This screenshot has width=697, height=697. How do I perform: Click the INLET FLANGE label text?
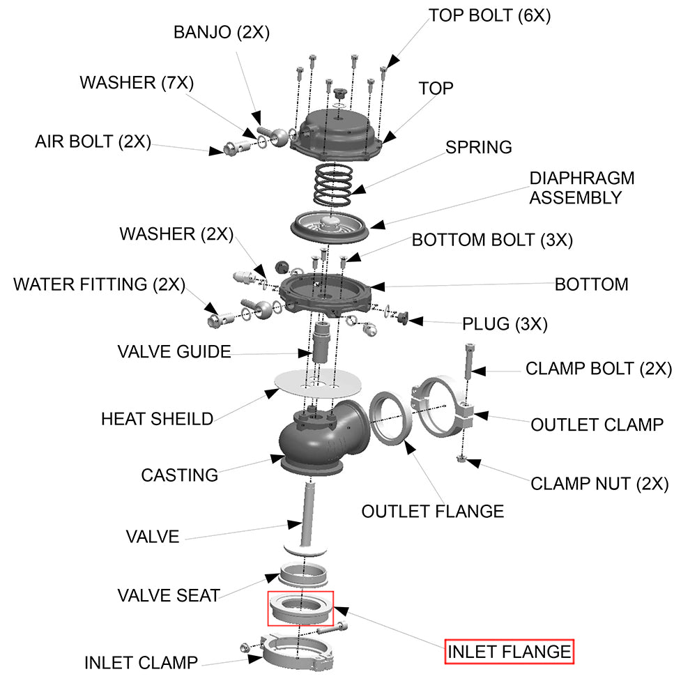509,652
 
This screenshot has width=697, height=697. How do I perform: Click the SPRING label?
478,148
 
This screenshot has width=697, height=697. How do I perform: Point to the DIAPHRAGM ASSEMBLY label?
581,187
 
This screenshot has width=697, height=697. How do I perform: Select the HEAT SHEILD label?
157,419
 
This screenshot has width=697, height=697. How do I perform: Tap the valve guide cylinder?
321,342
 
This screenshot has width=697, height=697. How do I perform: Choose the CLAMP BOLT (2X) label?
598,369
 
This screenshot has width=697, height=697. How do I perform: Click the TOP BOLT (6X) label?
489,15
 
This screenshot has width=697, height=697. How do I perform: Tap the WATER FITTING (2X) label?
99,284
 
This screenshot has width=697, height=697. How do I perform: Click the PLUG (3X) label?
505,324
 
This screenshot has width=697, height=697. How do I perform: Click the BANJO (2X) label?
221,32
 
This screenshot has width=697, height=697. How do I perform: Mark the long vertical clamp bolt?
468,359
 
